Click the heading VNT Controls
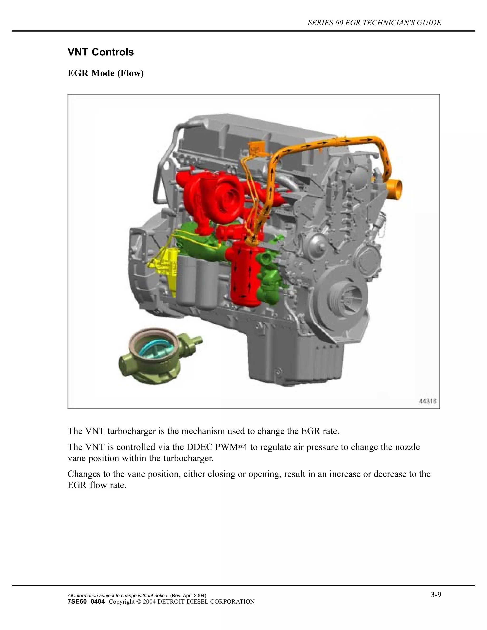point(101,52)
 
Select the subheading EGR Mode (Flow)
point(106,73)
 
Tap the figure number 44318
point(428,401)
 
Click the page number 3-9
point(436,586)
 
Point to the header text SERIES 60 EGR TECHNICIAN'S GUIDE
point(374,23)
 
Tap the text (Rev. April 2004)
point(188,588)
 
